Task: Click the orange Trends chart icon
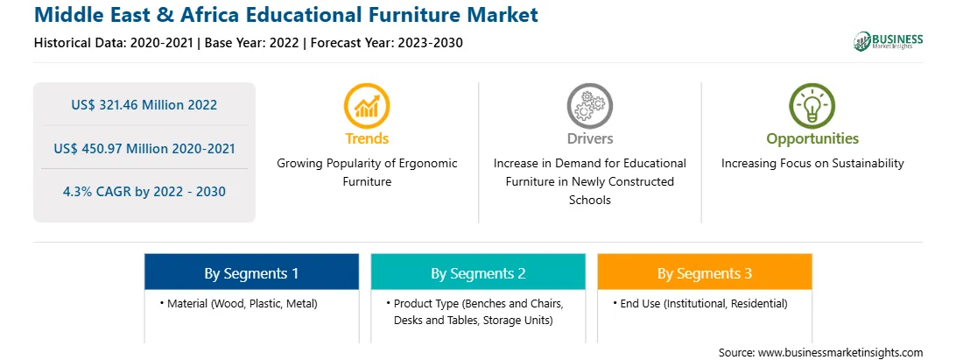(367, 106)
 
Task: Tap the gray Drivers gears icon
(589, 106)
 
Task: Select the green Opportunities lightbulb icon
(812, 106)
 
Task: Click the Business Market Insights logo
(889, 41)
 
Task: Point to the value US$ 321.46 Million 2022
(144, 104)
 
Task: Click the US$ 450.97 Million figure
(122, 148)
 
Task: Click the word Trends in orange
(367, 138)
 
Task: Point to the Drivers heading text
(590, 138)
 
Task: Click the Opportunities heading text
(812, 139)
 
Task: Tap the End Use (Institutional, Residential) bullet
(700, 303)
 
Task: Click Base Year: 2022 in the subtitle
(252, 43)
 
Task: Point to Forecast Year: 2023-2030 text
(384, 43)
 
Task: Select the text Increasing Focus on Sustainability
(812, 163)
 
